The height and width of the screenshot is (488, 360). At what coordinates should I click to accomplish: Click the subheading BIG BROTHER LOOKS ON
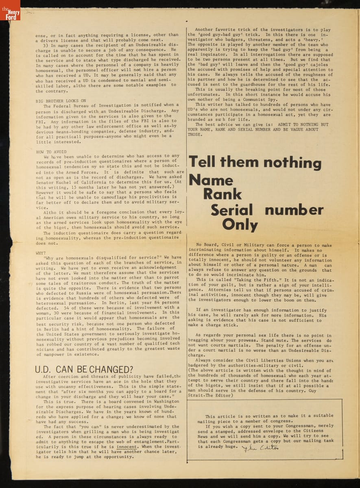tap(61, 100)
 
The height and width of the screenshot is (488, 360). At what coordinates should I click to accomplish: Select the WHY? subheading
tap(41, 253)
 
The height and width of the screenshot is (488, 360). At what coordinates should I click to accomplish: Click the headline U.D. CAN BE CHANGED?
tap(84, 370)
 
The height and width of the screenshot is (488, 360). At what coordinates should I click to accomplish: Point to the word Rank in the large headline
tap(223, 194)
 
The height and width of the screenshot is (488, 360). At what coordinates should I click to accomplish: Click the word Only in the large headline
tap(240, 225)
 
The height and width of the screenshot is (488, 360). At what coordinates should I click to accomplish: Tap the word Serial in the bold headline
tap(232, 210)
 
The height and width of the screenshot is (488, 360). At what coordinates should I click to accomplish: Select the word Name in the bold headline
tap(211, 179)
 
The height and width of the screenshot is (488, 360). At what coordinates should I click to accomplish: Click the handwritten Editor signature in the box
tap(261, 447)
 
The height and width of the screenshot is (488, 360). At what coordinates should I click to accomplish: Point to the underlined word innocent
tap(127, 446)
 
